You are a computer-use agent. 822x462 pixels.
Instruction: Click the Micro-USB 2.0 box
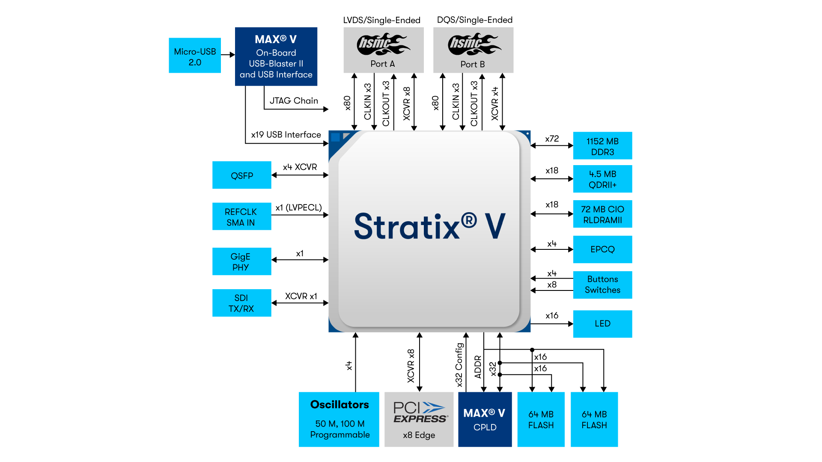(195, 56)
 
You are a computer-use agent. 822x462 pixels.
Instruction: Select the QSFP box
(242, 175)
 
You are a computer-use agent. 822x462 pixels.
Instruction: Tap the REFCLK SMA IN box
(242, 216)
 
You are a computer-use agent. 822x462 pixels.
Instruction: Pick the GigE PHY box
(242, 261)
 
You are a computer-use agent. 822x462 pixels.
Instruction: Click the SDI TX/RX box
(242, 303)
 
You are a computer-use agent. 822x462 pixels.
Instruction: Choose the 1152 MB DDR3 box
(602, 146)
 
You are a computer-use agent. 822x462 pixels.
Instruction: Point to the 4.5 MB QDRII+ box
(602, 179)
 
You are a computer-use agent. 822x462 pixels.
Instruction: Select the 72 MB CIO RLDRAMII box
(602, 214)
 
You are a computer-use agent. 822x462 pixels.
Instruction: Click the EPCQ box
(602, 249)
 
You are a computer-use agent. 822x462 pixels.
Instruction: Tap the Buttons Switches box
(602, 284)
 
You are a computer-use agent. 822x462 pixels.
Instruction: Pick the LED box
(602, 324)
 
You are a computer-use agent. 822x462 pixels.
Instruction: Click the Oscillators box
(339, 419)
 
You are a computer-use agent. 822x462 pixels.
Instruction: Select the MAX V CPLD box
(485, 419)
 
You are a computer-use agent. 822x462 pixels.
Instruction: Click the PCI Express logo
(420, 412)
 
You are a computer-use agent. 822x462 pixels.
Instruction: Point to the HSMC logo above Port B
(474, 44)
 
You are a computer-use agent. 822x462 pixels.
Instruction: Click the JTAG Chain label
(294, 101)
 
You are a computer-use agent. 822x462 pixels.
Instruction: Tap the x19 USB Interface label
(286, 135)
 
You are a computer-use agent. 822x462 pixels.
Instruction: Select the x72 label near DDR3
(552, 139)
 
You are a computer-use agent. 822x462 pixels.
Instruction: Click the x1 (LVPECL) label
(298, 207)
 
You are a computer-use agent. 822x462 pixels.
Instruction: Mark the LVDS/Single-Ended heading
(381, 20)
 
